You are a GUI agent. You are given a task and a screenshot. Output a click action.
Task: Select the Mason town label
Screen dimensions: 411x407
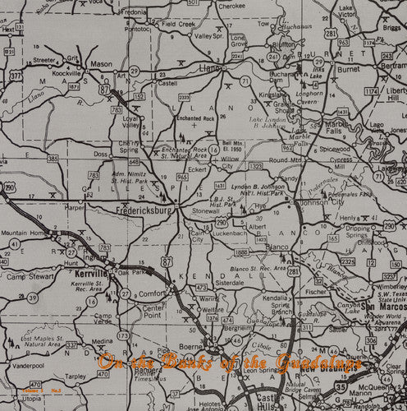(102, 63)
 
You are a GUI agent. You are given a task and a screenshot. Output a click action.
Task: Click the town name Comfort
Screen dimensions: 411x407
(153, 292)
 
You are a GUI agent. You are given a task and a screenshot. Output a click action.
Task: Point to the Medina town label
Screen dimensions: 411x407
(103, 341)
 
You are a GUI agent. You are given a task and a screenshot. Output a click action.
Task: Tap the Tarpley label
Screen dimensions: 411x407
(75, 376)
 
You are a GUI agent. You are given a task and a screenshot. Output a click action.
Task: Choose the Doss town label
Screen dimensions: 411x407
(101, 154)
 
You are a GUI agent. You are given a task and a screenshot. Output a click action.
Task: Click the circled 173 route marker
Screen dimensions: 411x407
(123, 335)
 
